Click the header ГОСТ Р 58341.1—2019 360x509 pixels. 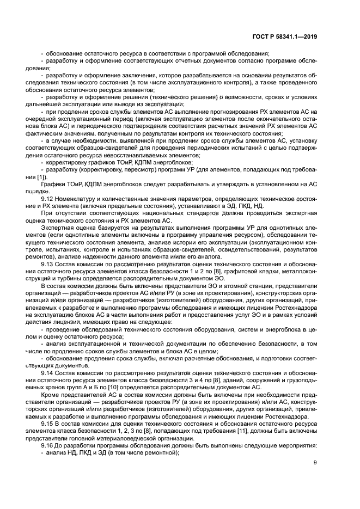pyautogui.click(x=290, y=37)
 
